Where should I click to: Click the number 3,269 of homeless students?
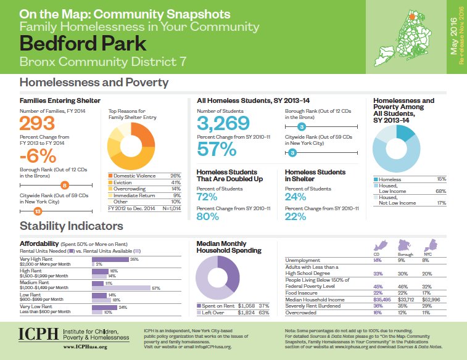pos(223,123)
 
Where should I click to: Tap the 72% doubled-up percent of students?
pos(207,197)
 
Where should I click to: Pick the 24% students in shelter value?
pos(295,197)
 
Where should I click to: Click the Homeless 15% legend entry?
pos(400,179)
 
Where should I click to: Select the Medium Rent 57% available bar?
pos(121,288)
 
